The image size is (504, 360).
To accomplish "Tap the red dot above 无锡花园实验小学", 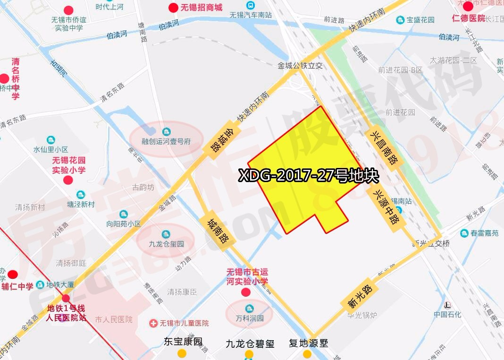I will click(68, 180).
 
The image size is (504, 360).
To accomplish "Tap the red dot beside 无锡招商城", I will click(173, 8).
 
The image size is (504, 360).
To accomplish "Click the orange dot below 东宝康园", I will click(182, 353).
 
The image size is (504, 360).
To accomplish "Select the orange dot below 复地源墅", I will click(307, 354).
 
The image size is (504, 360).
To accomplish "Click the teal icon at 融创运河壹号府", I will click(166, 132).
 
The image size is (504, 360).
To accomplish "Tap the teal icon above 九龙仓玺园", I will click(166, 234).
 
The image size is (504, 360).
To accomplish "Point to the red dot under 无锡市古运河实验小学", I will click(246, 292).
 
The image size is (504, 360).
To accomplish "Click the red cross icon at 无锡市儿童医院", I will click(153, 323).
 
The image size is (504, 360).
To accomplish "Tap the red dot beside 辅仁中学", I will click(13, 274).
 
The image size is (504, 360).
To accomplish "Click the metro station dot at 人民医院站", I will click(66, 298).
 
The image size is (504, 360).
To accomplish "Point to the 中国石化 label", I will click(447, 315).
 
